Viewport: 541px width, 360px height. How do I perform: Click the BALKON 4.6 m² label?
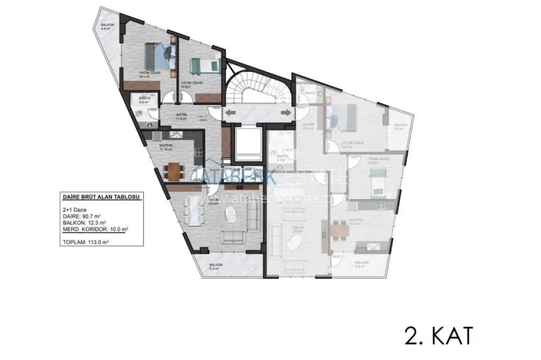pyautogui.click(x=108, y=26)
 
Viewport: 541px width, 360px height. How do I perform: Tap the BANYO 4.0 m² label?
pyautogui.click(x=144, y=100)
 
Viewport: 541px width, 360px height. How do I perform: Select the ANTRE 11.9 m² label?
pyautogui.click(x=180, y=118)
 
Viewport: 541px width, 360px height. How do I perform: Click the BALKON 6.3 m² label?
pyautogui.click(x=214, y=267)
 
